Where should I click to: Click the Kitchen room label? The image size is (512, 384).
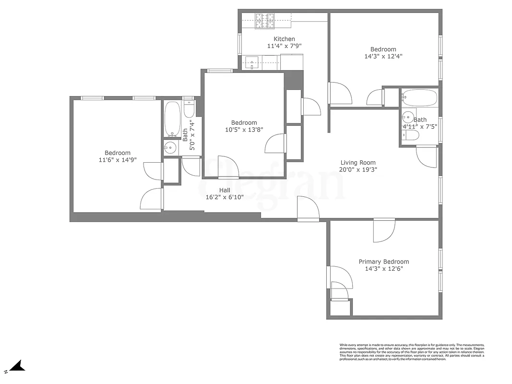click(284, 39)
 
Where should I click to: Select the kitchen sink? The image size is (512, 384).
click(252, 61)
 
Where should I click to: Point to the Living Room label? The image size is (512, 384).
click(358, 162)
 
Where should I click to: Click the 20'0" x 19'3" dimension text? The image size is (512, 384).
click(358, 169)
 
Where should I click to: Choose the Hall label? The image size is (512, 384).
click(225, 190)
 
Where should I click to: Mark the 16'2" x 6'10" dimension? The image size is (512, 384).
click(225, 197)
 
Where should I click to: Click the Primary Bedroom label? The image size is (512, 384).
click(384, 262)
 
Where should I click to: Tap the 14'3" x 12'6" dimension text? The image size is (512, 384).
click(384, 269)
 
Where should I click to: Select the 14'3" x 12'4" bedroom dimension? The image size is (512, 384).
click(383, 56)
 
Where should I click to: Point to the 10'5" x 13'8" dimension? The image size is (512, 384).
click(244, 129)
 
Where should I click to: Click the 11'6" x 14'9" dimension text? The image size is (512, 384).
click(118, 160)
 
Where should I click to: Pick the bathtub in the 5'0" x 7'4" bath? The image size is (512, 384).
click(171, 119)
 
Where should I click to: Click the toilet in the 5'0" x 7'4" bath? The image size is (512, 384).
click(189, 109)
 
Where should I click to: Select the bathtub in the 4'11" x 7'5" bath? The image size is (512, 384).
click(419, 98)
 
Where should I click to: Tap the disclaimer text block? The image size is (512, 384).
click(411, 352)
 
